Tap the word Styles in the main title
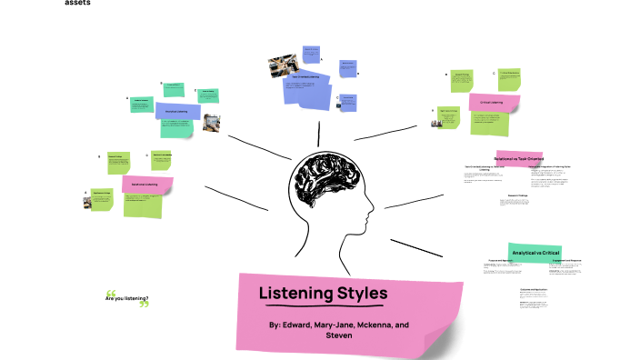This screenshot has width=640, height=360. coord(363,294)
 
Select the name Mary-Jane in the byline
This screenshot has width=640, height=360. coord(337,325)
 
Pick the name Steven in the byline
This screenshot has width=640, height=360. coord(338,335)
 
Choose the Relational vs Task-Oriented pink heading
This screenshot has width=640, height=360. coord(518,157)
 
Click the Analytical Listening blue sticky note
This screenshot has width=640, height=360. coord(177,112)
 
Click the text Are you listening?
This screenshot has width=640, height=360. coord(126,298)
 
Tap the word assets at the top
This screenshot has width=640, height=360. coord(77,4)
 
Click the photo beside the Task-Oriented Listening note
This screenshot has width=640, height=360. coord(278,66)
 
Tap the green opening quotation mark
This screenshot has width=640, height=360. coord(111,292)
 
